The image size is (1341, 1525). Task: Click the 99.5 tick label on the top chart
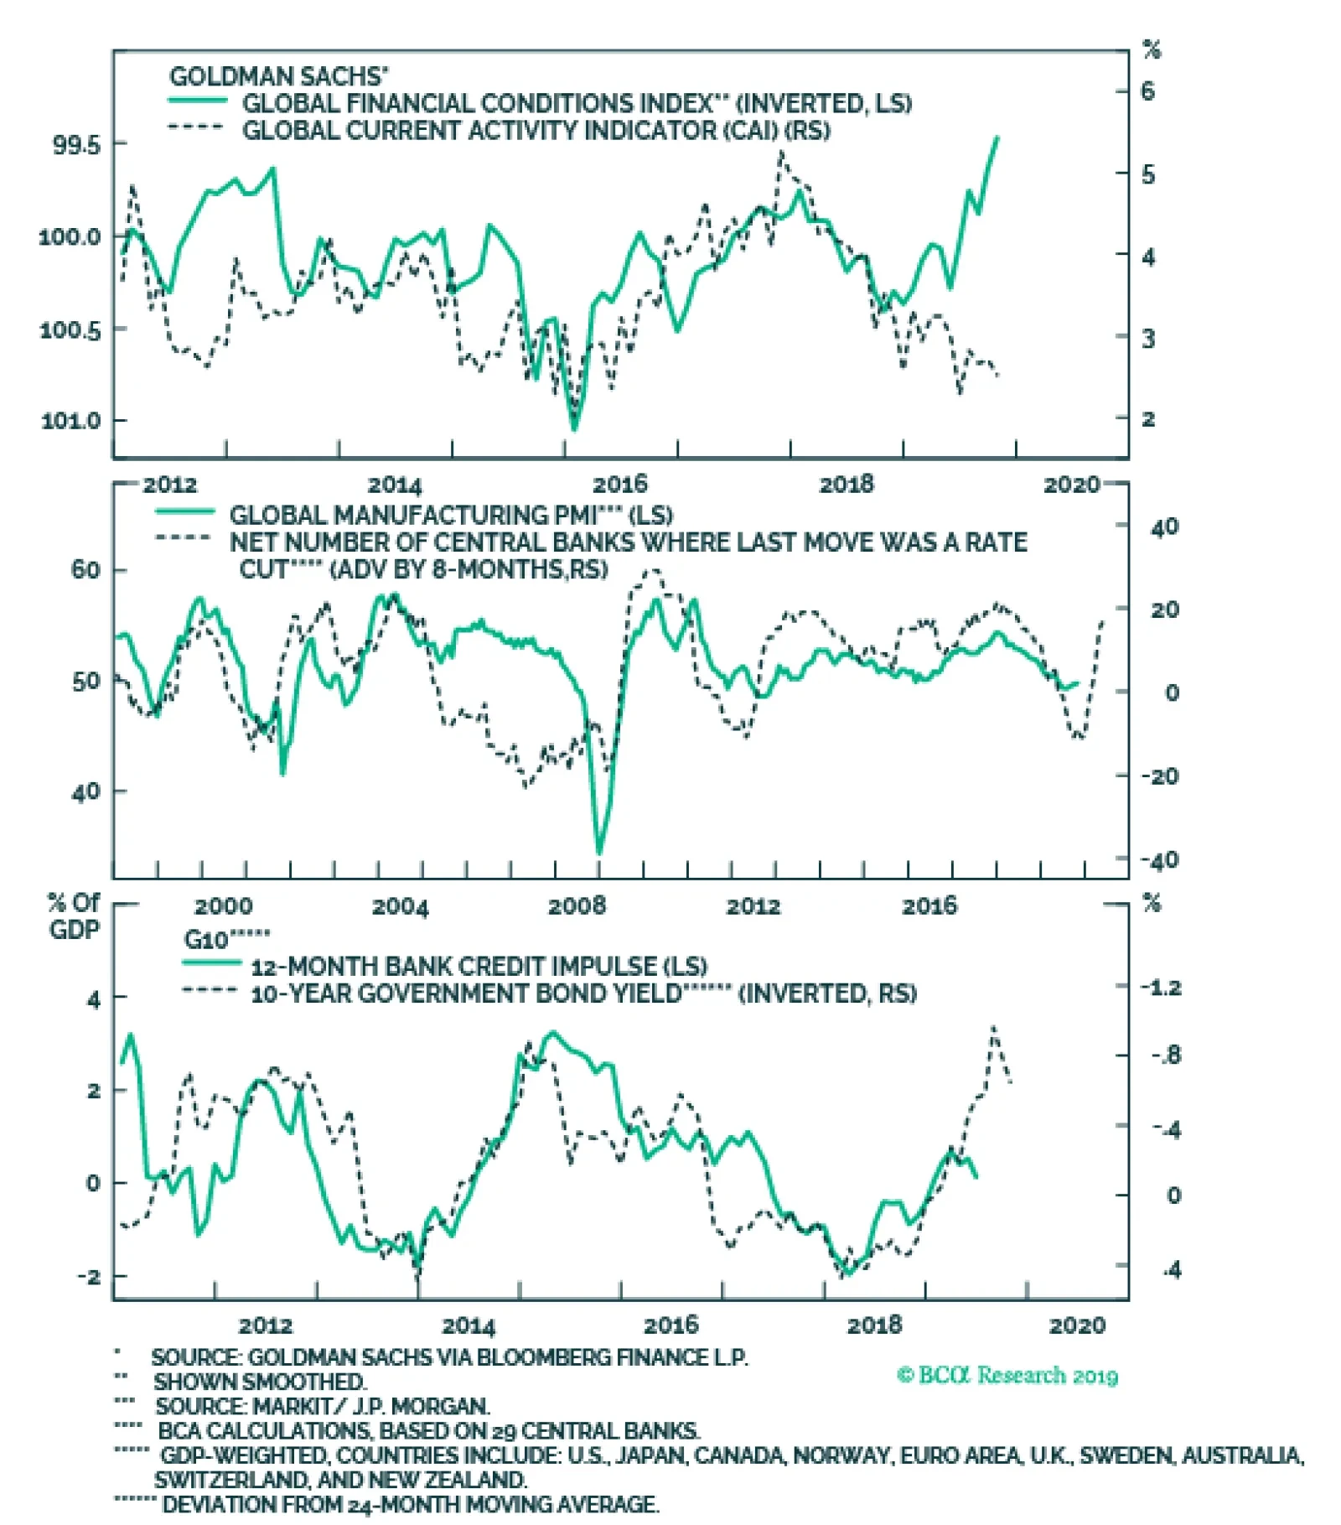[x=76, y=145]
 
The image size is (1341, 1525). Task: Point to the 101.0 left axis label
[x=70, y=420]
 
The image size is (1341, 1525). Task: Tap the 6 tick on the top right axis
[x=1147, y=91]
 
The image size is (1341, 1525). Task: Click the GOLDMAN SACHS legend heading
[x=278, y=77]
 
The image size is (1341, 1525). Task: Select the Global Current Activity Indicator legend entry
[x=536, y=131]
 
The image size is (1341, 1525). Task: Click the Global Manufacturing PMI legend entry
[x=450, y=515]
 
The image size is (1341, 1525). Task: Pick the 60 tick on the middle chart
[x=85, y=570]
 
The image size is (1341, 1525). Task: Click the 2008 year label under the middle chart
[x=577, y=906]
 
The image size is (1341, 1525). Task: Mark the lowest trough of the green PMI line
[x=599, y=853]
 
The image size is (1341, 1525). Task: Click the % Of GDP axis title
[x=74, y=916]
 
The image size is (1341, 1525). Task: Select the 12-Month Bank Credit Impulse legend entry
[x=479, y=966]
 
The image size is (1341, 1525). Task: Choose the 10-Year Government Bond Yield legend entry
[x=583, y=993]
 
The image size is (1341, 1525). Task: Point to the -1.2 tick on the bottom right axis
[x=1161, y=987]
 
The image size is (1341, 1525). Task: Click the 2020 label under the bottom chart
[x=1077, y=1325]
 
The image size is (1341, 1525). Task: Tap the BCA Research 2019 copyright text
[x=1007, y=1376]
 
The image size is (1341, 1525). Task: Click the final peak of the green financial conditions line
[x=997, y=137]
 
